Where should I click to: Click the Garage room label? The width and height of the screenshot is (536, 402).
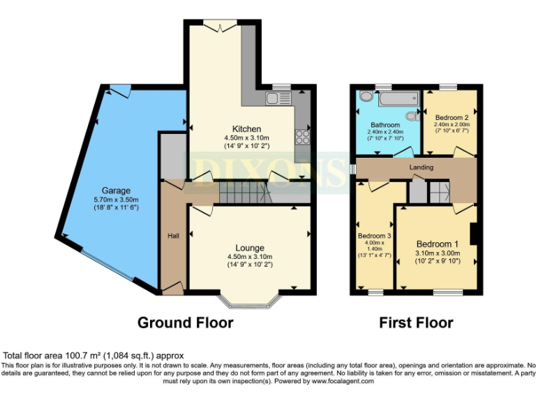pos(117,190)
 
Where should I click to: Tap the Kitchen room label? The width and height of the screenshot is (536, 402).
pos(247,129)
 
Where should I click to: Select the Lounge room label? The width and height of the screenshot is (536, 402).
pos(249,248)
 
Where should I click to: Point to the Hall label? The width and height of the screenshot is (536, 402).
pos(173,236)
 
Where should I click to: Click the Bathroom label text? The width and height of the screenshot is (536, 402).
pos(385,125)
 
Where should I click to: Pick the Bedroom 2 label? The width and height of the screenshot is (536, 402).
pos(451,117)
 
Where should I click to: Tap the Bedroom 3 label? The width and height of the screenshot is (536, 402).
pos(375,236)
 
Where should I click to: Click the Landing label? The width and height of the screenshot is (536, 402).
pos(422,167)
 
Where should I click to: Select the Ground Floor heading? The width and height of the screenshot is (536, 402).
pos(185,322)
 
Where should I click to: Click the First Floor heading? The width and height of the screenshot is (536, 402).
pos(416,322)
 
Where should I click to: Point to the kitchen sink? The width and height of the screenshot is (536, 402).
pos(277,100)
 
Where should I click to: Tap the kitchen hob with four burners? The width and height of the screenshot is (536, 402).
pos(303,135)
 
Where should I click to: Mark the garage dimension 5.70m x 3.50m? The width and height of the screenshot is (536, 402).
pos(117,200)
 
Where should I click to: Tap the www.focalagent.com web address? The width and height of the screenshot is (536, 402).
pos(343,381)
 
